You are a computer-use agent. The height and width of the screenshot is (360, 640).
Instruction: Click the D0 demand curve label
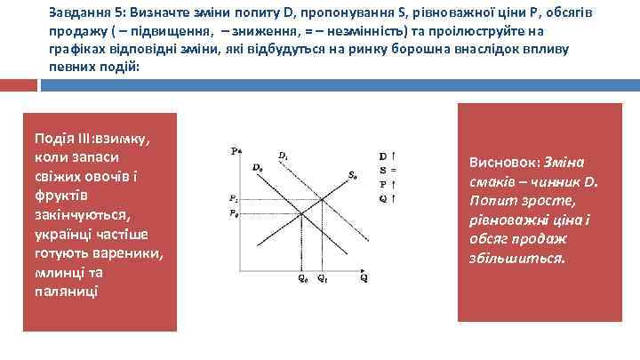tap(257, 167)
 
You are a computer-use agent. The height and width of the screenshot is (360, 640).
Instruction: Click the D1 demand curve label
tap(283, 156)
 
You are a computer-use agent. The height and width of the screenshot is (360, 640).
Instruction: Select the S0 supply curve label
tap(353, 175)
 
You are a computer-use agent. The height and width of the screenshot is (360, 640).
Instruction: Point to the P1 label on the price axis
tap(233, 198)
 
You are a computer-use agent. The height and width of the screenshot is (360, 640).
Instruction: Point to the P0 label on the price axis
tap(233, 213)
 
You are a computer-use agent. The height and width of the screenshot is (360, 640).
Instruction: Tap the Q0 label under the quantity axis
tap(302, 277)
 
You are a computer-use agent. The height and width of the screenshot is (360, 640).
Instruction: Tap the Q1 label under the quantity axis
tap(323, 277)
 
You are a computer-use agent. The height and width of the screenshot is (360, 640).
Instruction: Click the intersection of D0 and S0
tap(302, 213)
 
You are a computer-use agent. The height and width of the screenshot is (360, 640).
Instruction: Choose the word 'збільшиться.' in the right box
tap(516, 258)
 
